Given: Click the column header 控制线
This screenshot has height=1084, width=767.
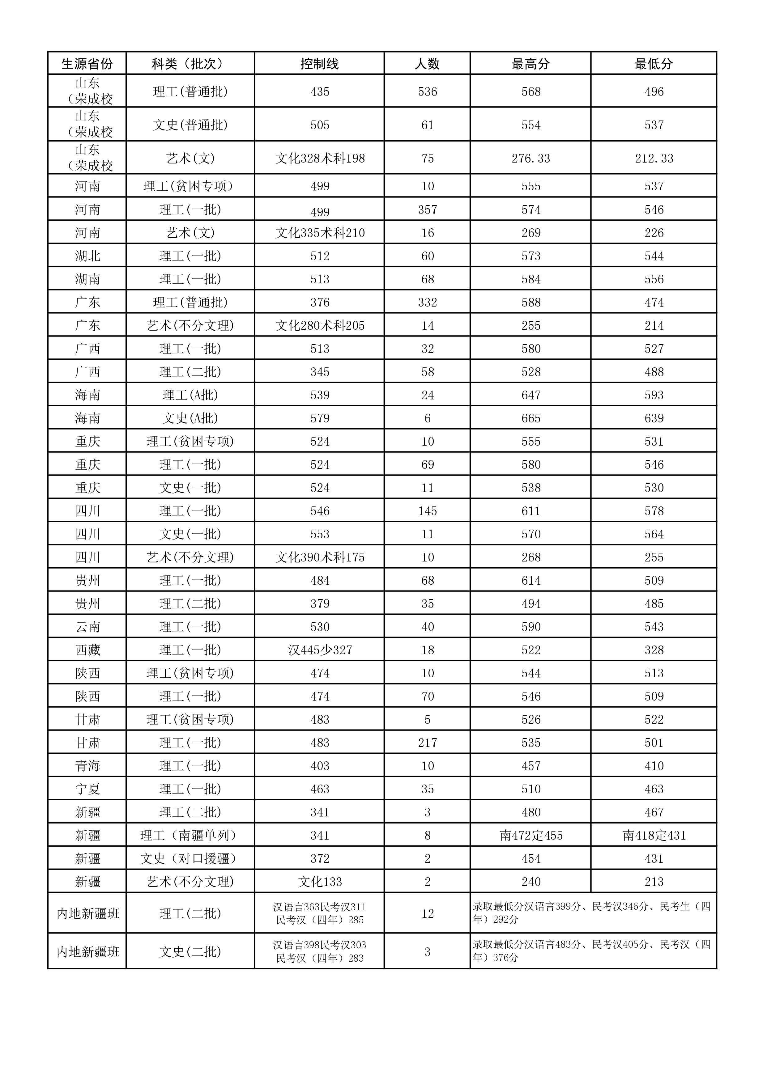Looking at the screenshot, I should [319, 64].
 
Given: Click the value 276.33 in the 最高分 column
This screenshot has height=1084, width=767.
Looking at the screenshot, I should [531, 158].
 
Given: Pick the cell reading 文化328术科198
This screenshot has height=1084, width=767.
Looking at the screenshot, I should [320, 158].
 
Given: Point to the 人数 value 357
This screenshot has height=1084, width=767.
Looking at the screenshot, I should [428, 210].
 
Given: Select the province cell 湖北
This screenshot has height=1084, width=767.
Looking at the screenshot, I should [87, 256].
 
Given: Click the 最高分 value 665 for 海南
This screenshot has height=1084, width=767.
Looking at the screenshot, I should [531, 418].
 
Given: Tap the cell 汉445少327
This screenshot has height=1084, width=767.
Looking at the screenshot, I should [320, 650].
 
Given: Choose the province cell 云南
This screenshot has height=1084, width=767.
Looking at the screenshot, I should [87, 627].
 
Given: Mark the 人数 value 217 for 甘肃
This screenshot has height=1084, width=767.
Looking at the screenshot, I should [428, 743].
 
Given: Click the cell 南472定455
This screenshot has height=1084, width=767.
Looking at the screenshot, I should [531, 836].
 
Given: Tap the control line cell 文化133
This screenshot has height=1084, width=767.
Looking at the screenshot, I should [320, 882].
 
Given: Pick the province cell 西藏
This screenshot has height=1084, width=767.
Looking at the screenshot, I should [87, 650].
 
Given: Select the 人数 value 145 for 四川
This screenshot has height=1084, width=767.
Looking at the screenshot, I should [428, 511].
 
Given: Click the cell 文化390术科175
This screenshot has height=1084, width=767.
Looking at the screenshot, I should [320, 557].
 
